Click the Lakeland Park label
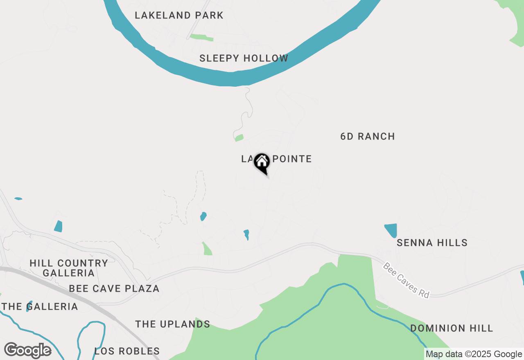(x=179, y=16)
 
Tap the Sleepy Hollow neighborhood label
(x=244, y=58)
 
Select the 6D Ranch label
(x=368, y=136)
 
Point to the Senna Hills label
(x=432, y=243)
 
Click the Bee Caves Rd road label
(x=406, y=280)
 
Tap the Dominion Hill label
(x=452, y=328)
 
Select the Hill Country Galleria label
(x=69, y=268)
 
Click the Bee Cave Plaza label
(x=114, y=288)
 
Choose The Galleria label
(x=40, y=306)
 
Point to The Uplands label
(x=172, y=324)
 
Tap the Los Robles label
(x=127, y=351)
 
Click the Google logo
(x=27, y=351)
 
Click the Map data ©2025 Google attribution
(x=474, y=354)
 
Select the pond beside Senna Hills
(x=391, y=230)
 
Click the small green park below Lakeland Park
(x=201, y=38)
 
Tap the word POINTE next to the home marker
(x=292, y=159)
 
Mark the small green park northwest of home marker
(x=239, y=138)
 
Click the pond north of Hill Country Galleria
(x=58, y=226)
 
